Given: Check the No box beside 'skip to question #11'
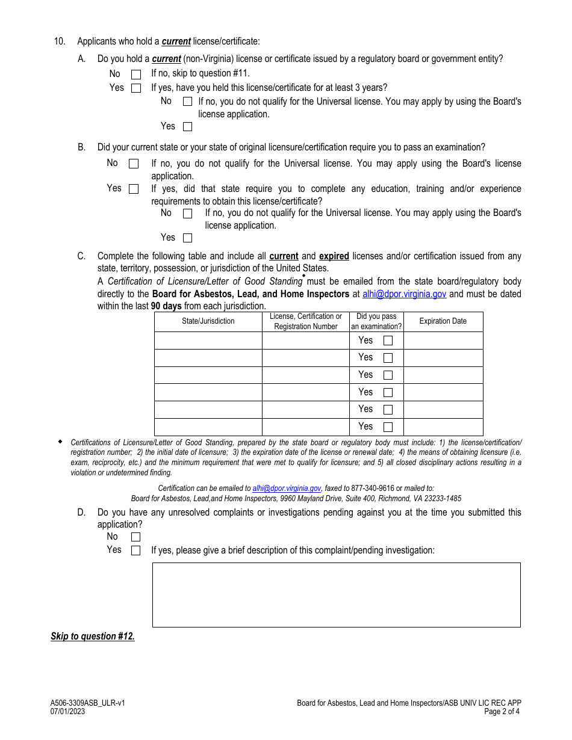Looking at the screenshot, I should [x=136, y=75].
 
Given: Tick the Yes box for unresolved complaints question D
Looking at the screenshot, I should [x=136, y=550].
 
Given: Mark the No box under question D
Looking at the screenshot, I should [x=136, y=537].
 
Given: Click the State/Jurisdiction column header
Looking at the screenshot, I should [x=208, y=321].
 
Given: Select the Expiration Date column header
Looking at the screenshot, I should [x=443, y=321].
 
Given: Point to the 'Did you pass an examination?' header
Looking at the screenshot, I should [x=376, y=321].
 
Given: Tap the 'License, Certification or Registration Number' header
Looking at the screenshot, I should [x=306, y=321].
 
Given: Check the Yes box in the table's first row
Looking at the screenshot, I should [x=388, y=341].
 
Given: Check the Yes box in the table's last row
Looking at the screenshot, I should [x=388, y=427].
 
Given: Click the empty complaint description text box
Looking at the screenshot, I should [x=336, y=594].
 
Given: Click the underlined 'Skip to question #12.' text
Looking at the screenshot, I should [x=93, y=637].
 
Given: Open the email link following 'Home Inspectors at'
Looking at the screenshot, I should [x=404, y=294].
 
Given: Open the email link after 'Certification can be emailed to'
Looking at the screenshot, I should [x=287, y=489].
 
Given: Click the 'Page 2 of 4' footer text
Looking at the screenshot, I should [x=502, y=711].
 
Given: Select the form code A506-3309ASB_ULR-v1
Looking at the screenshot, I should [x=88, y=703].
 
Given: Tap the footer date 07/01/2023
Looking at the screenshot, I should [x=68, y=711].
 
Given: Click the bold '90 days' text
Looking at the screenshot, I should [x=166, y=306].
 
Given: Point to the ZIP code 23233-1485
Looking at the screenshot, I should [x=441, y=499].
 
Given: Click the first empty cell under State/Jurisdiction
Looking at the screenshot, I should [x=208, y=341].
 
